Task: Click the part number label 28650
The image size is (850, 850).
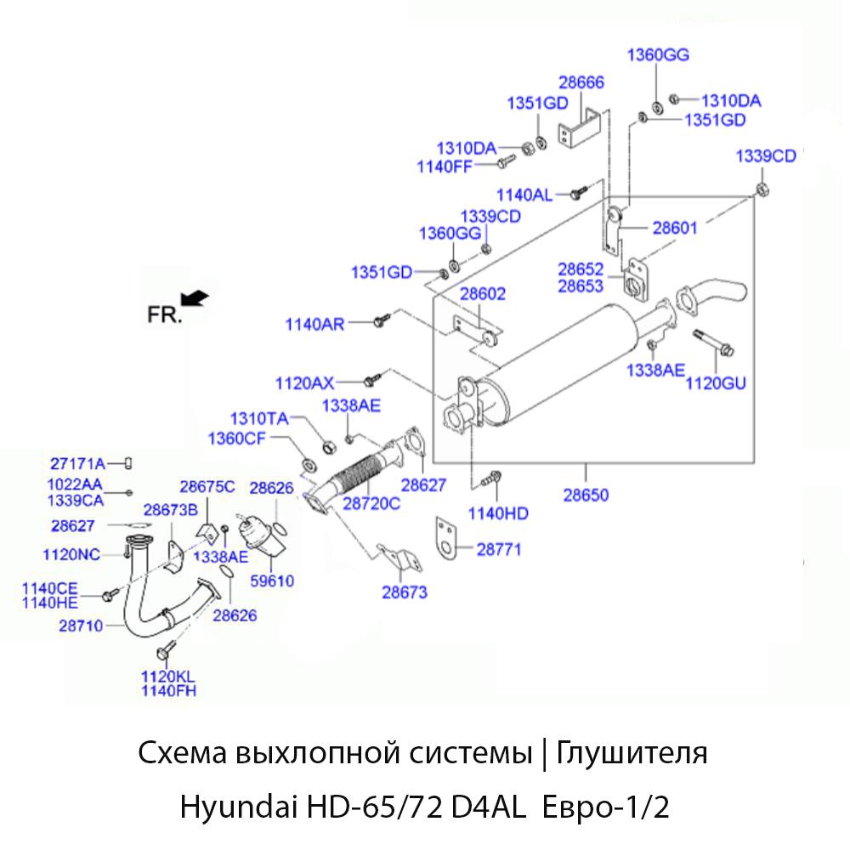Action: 586,494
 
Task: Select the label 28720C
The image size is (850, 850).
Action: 371,503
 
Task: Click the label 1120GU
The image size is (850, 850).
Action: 715,384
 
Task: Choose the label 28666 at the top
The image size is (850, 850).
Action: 581,82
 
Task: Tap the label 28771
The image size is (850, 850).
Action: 498,550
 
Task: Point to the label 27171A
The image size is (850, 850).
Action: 77,463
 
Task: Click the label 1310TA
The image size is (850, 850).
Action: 259,418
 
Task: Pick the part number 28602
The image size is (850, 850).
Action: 483,294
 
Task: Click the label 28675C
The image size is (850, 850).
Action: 207,486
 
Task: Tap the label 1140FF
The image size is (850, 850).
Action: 444,166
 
